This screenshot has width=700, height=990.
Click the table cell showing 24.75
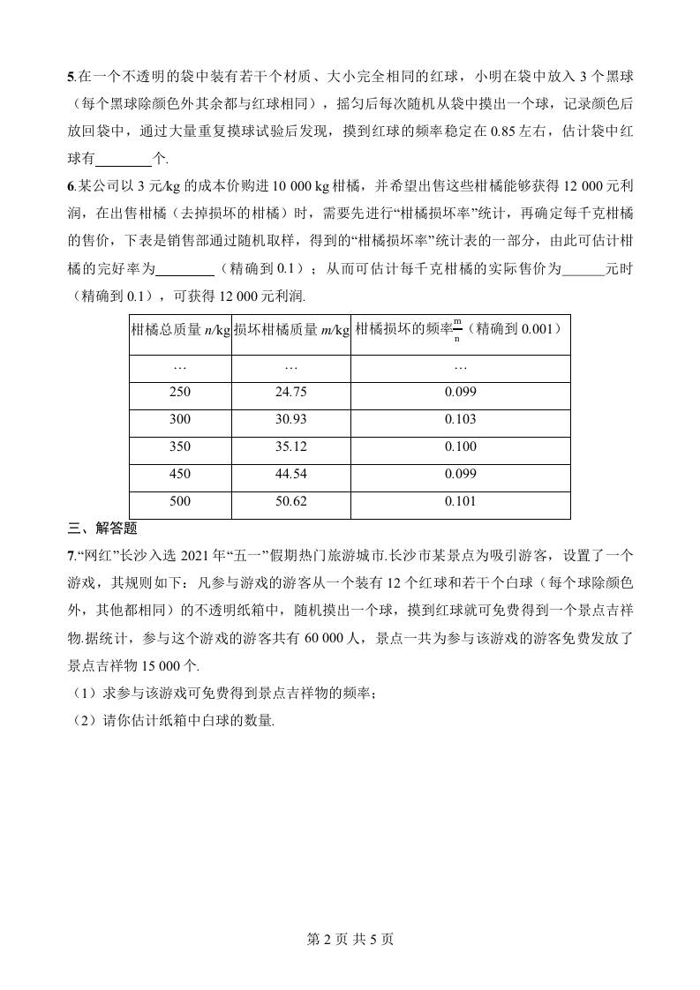(x=291, y=392)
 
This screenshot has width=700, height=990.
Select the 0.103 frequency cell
(x=460, y=419)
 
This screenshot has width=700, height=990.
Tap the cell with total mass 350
(x=180, y=446)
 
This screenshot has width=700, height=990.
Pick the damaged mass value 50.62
(x=291, y=501)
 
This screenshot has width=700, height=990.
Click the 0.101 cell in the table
(x=460, y=501)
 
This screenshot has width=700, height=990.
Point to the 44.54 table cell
(x=291, y=474)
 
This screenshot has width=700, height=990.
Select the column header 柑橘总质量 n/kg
(x=180, y=330)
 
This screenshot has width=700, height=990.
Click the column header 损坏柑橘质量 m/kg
(x=291, y=330)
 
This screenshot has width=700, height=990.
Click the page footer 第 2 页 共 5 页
(x=350, y=939)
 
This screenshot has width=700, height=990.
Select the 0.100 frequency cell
(x=460, y=446)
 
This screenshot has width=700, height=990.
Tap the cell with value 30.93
(x=291, y=419)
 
